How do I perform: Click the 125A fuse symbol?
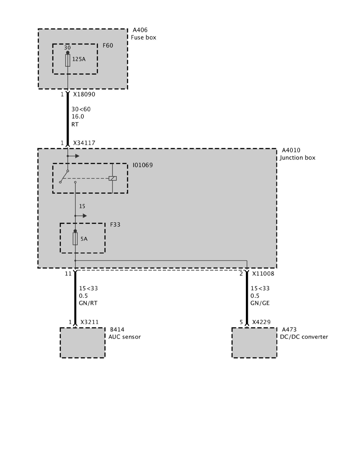pos(68,60)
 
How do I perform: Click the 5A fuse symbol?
pos(75,238)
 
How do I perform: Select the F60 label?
pos(108,46)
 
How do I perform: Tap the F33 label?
pos(115,225)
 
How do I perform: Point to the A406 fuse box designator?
pos(140,30)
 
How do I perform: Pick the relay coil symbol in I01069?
pos(113,178)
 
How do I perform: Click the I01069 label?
pos(143,165)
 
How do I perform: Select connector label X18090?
pos(84,95)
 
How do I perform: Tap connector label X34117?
pos(84,143)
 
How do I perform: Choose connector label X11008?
pos(263,273)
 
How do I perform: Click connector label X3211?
pos(89,322)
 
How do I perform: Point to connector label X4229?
pos(261,322)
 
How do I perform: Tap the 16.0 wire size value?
pos(78,116)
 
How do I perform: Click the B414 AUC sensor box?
pos(82,342)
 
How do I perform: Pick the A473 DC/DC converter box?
pos(254,342)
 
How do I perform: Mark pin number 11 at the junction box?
pos(68,273)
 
